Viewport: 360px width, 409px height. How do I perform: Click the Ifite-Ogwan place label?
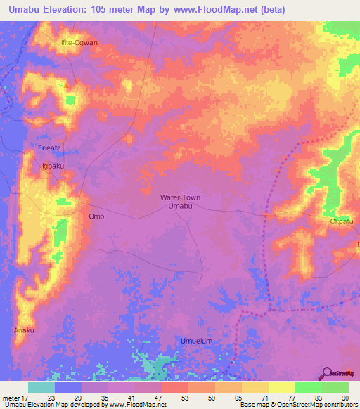point(79,42)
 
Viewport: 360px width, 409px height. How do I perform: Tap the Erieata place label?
point(50,149)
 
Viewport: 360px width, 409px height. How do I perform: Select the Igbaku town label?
point(53,166)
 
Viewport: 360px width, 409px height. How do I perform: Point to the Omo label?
point(96,216)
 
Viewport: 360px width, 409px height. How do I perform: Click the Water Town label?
point(180,197)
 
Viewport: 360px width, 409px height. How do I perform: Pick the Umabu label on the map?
point(180,207)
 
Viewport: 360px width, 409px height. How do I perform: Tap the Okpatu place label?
point(342,222)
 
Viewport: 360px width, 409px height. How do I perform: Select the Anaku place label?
point(23,329)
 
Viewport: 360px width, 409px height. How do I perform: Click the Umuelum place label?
point(196,341)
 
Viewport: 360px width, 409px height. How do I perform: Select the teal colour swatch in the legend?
point(41,387)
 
